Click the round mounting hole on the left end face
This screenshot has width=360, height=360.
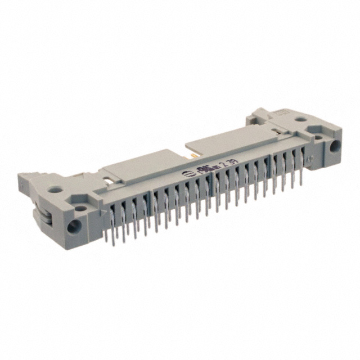pos(73,227)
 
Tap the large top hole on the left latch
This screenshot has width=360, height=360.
pos(55,190)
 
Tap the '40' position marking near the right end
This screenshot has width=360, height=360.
pos(309,159)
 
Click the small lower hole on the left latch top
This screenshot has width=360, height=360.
pos(79,209)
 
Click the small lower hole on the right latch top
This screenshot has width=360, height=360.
pos(319,135)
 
